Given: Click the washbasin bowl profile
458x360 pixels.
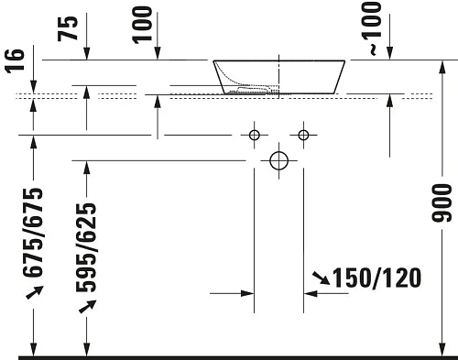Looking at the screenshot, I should click(x=279, y=76).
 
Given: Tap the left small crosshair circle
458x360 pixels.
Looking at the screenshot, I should click(x=256, y=136).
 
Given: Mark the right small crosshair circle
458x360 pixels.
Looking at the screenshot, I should click(x=304, y=136).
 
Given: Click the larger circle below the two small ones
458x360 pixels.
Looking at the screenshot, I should click(x=279, y=161).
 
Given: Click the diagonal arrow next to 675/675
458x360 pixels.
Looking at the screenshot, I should click(x=33, y=291).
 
